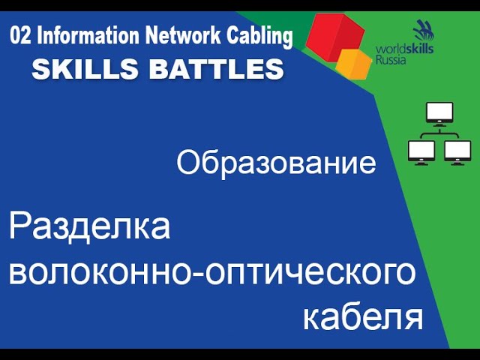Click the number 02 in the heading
(20, 36)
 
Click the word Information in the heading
(88, 36)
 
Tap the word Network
(183, 35)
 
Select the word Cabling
(259, 37)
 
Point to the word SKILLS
(85, 69)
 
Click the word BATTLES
(217, 69)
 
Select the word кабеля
(363, 317)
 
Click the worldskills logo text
(404, 49)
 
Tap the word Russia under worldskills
(391, 59)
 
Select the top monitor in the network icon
(439, 114)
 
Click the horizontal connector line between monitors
(439, 133)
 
